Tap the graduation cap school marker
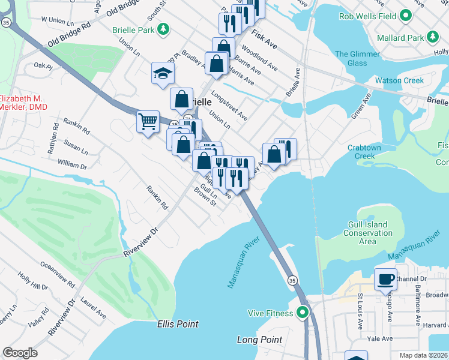pyautogui.click(x=162, y=73)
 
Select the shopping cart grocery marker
pyautogui.click(x=148, y=122)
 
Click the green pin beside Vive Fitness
pyautogui.click(x=304, y=313)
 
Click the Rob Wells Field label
pyautogui.click(x=368, y=16)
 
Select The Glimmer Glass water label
pyautogui.click(x=358, y=59)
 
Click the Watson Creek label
pyautogui.click(x=399, y=80)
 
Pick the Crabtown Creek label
pyautogui.click(x=373, y=152)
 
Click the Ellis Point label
pyautogui.click(x=178, y=324)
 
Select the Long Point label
pyautogui.click(x=259, y=340)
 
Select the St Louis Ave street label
pyautogui.click(x=360, y=311)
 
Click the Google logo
pyautogui.click(x=20, y=353)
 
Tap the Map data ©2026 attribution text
pyautogui.click(x=423, y=355)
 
